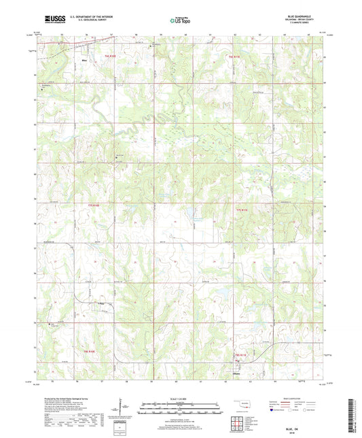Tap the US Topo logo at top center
coord(180,21)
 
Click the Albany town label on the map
coord(236,373)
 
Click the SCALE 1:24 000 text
coord(181,399)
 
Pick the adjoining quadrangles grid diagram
coord(240,421)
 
